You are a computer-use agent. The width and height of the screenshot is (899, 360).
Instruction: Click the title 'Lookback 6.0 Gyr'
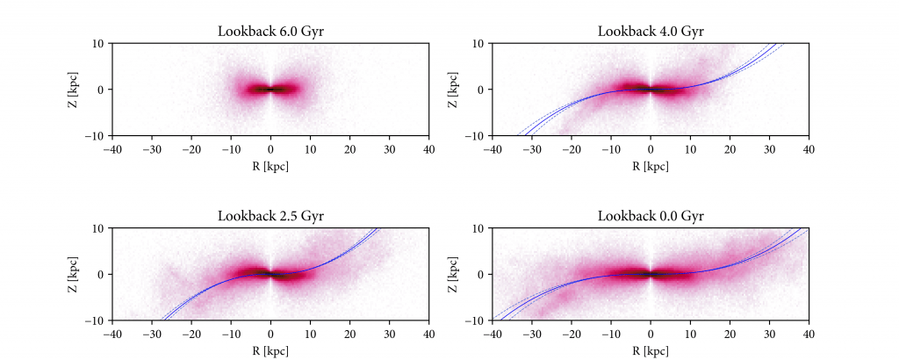[270, 32]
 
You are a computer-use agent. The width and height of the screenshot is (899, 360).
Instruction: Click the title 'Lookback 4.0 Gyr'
[651, 32]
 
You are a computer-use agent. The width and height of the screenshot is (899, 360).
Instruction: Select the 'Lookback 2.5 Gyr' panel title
[270, 216]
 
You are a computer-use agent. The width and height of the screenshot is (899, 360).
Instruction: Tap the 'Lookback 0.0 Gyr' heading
[651, 216]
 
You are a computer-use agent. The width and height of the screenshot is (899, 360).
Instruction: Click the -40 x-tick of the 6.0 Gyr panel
[112, 149]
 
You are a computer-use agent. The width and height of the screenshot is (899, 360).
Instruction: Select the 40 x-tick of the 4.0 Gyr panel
[809, 149]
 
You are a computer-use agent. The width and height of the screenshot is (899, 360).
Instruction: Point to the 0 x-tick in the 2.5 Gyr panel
[270, 334]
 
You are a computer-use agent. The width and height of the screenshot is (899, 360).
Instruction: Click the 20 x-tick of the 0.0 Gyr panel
[730, 334]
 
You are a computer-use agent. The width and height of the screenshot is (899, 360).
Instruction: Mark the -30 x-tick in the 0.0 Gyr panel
[532, 334]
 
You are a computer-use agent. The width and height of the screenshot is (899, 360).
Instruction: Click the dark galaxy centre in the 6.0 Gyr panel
[270, 90]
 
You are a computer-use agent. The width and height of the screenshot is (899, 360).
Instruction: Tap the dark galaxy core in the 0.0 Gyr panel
[651, 274]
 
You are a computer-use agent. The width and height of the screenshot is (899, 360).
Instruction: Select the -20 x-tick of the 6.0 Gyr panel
[191, 149]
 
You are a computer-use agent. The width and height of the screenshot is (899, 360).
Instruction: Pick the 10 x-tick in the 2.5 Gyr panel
[310, 334]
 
